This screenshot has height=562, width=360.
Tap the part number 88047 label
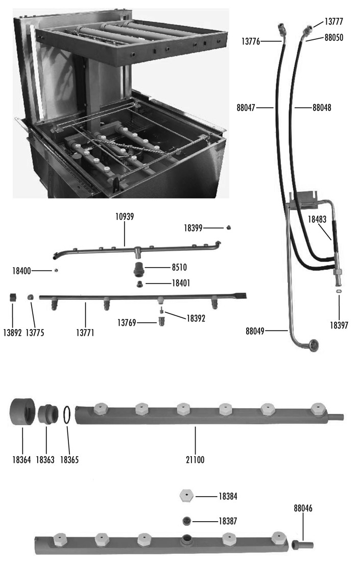coord(247,108)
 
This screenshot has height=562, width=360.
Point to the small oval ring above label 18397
coord(339,291)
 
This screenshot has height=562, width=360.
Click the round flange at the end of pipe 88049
coord(313,345)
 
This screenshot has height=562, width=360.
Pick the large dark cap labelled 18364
coord(22,411)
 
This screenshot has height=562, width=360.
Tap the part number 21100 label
coord(194,459)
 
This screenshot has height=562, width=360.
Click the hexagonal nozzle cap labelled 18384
coord(187,495)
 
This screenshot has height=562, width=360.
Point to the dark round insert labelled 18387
coord(187,521)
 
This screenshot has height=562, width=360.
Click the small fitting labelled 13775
coord(31,297)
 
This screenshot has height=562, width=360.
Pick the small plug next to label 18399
coord(229,227)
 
